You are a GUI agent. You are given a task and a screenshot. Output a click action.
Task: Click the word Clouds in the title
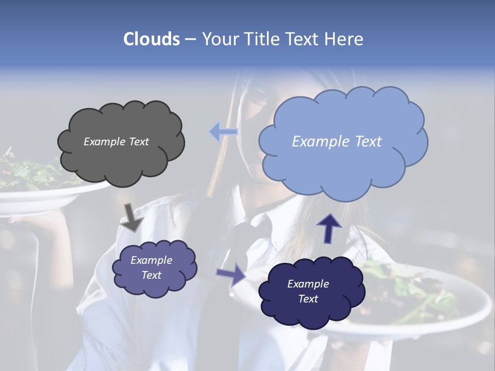pos(151,39)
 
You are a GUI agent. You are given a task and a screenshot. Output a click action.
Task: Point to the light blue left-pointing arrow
pos(223,132)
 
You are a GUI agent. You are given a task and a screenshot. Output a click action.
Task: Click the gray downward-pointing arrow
pos(131,217)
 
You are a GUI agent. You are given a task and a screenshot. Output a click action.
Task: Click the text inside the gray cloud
pos(116,142)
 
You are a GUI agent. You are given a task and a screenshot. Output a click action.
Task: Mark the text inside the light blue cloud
pos(337,142)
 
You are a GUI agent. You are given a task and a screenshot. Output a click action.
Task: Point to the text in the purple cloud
pos(152,267)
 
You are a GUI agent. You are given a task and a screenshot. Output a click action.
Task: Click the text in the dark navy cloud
pos(308,291)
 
